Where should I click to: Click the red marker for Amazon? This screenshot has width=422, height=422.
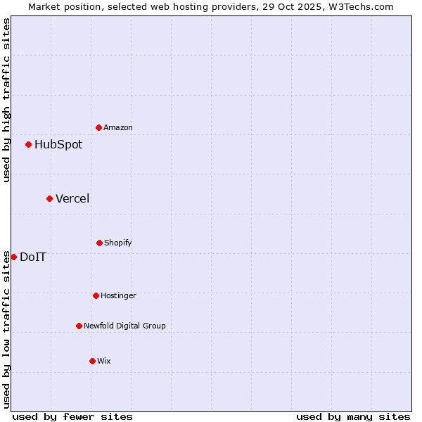[98, 127]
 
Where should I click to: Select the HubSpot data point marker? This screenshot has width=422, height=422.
[28, 144]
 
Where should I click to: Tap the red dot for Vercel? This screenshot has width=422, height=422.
[49, 198]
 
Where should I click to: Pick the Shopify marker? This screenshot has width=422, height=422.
[99, 243]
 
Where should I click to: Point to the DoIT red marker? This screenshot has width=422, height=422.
[13, 257]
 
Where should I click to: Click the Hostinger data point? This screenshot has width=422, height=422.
[96, 295]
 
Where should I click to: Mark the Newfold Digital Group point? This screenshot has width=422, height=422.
[79, 326]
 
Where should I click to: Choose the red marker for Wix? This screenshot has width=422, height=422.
[92, 361]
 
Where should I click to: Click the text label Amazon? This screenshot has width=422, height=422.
[118, 127]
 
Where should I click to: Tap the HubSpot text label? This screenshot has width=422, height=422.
[58, 145]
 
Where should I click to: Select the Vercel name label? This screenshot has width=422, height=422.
[72, 199]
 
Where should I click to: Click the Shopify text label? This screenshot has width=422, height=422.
[118, 243]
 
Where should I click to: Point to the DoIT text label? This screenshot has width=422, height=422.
[33, 257]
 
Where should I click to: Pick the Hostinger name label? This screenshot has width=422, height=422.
[118, 295]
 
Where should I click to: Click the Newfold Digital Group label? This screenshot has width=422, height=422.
[124, 326]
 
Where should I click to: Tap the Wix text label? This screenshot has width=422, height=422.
[104, 361]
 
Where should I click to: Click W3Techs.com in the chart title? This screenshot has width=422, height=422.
[360, 6]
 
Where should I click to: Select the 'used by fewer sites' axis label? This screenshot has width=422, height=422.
[72, 416]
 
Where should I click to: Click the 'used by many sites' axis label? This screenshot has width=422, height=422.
[353, 416]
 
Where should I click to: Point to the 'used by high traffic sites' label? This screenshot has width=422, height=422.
[7, 100]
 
